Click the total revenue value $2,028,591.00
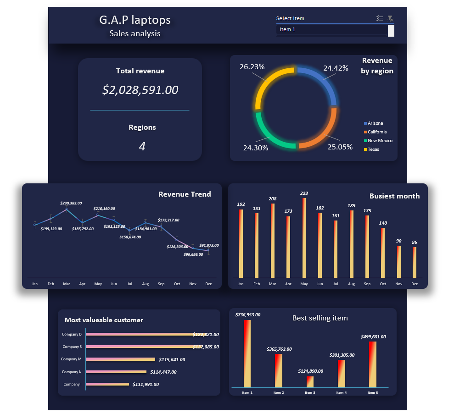click(x=140, y=90)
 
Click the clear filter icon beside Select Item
click(x=390, y=18)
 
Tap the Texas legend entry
click(x=373, y=149)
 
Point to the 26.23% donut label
click(x=252, y=67)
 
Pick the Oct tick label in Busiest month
click(x=383, y=284)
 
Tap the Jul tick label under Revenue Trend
click(x=129, y=284)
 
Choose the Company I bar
click(x=107, y=384)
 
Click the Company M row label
click(x=71, y=359)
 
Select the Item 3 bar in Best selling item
click(x=310, y=382)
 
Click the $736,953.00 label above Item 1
click(x=248, y=315)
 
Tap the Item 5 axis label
click(x=372, y=393)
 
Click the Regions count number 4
click(x=142, y=147)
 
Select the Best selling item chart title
click(x=320, y=318)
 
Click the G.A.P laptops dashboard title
click(x=135, y=20)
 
